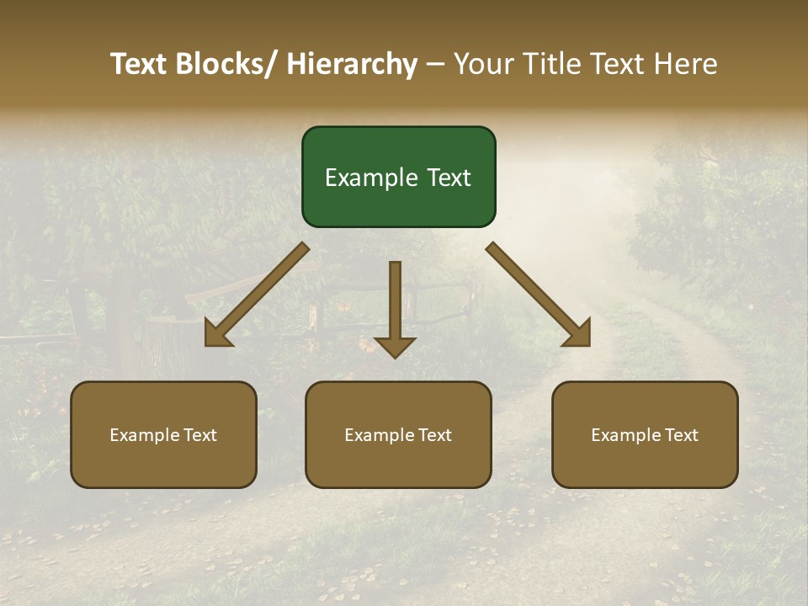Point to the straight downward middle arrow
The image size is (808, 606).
point(395,307)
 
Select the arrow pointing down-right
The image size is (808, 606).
point(539,295)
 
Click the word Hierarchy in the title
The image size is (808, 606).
point(351,64)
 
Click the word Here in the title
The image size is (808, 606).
point(685,64)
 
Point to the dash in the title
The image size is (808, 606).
point(435,64)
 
